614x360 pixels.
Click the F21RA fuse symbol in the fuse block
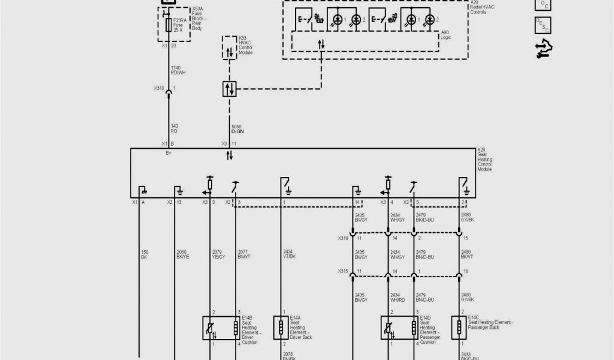[168, 25]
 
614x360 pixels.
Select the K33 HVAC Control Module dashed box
[229, 47]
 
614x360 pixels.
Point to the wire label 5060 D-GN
[237, 129]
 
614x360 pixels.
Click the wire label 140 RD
[174, 128]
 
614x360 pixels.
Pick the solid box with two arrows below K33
[229, 89]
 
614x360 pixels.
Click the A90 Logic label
[446, 35]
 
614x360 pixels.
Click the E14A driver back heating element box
[280, 328]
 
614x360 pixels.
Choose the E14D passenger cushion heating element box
[399, 328]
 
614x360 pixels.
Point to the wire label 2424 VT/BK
[288, 254]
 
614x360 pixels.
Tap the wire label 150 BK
[144, 254]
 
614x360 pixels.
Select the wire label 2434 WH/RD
[397, 297]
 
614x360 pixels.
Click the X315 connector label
[343, 272]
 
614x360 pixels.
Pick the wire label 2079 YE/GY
[219, 254]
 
